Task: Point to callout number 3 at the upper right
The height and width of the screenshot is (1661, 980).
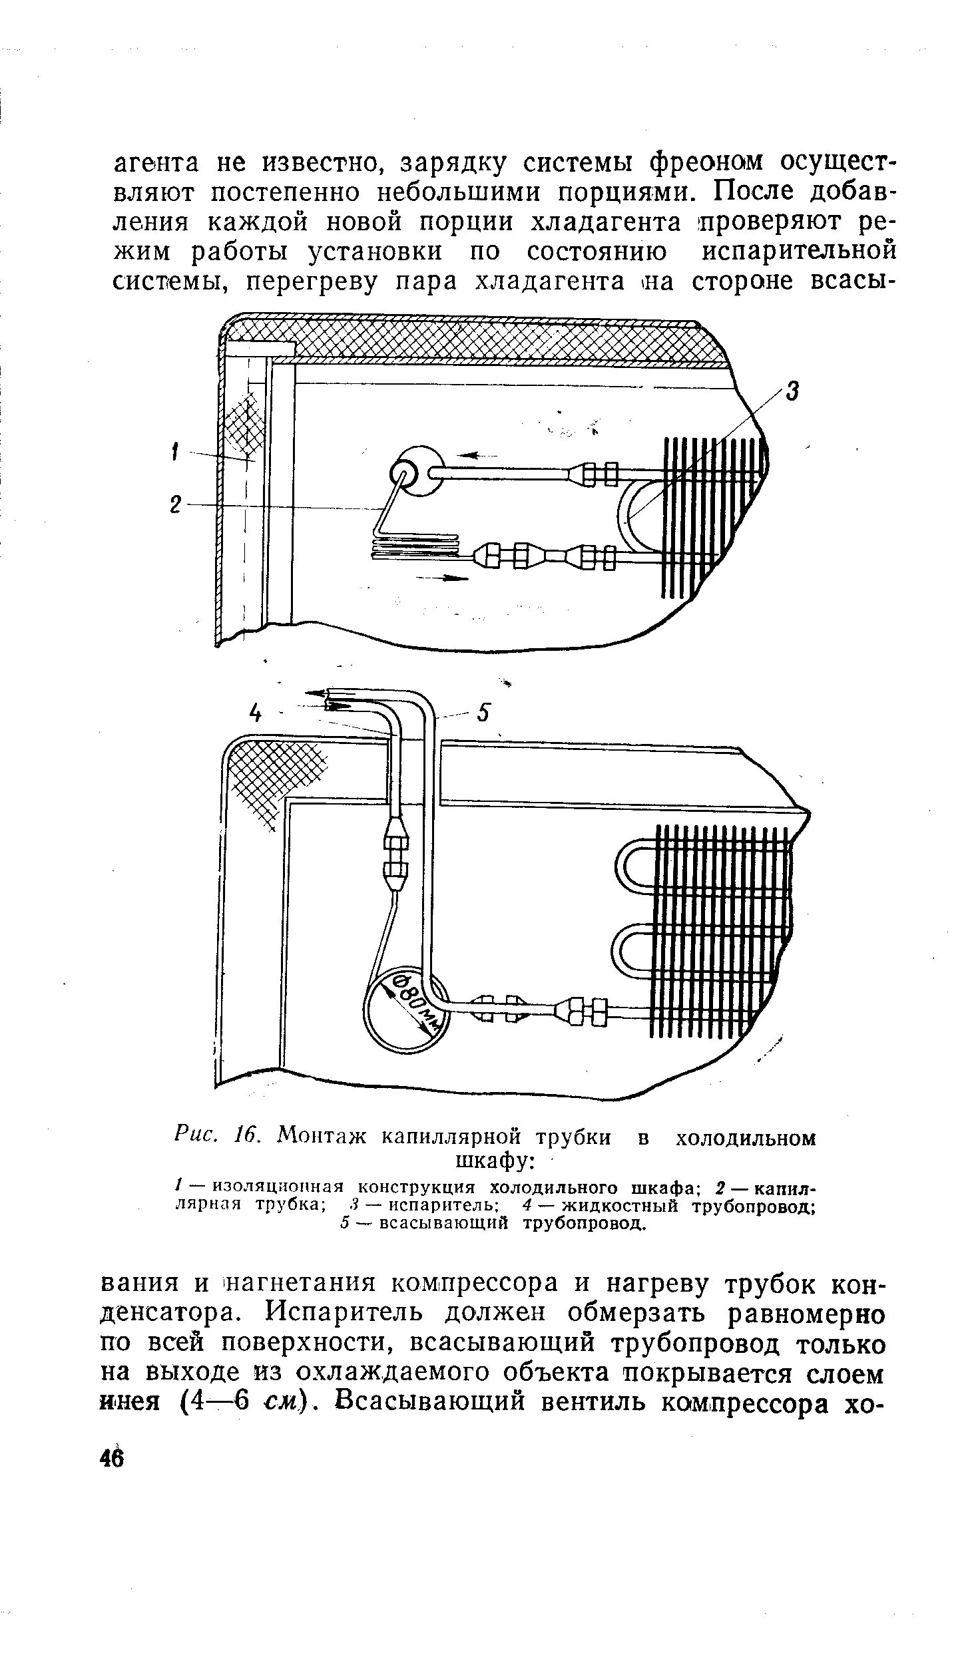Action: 792,391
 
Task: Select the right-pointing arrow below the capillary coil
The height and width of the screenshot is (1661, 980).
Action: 442,578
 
